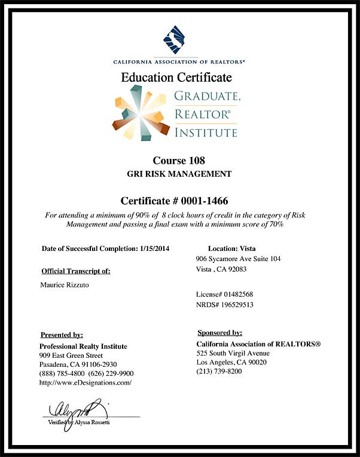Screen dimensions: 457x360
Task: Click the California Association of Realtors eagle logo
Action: [179, 40]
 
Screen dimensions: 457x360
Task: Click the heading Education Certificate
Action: [176, 77]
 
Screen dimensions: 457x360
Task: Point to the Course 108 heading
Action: [179, 160]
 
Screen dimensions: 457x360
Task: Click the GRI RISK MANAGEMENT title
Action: [179, 174]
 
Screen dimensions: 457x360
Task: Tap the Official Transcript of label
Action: [76, 271]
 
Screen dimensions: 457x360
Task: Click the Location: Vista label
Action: [232, 248]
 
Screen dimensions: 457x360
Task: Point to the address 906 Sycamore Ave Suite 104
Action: [238, 259]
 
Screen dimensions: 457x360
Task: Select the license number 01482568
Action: [236, 295]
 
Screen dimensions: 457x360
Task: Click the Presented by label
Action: [62, 335]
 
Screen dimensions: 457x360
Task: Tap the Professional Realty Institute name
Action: [83, 346]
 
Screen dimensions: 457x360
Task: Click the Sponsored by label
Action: [219, 333]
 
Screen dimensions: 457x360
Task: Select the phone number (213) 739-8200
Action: [220, 372]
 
